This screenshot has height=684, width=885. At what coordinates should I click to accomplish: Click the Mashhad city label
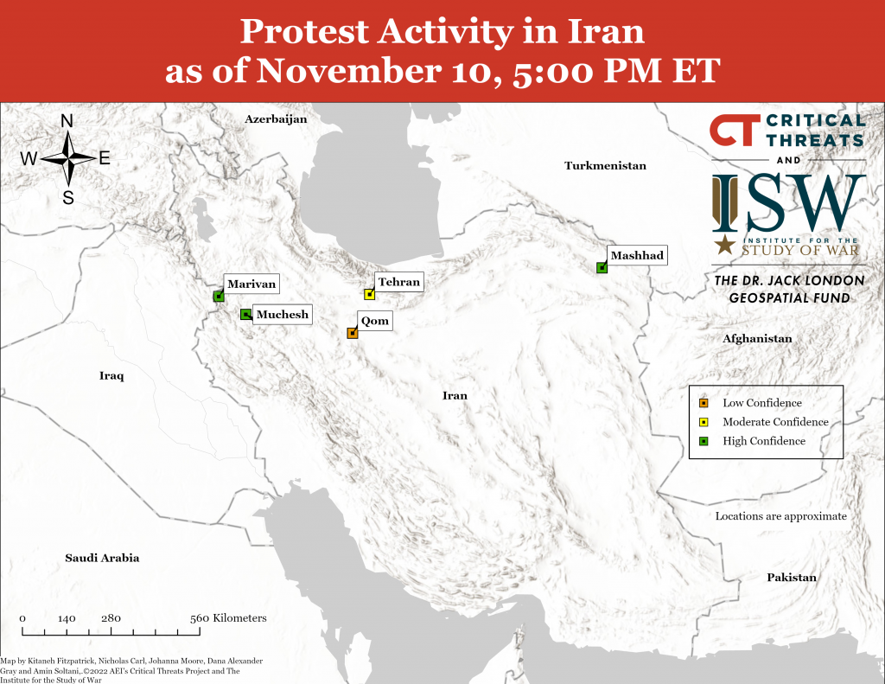click(636, 256)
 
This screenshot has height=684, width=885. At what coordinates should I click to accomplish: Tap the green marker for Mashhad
click(602, 268)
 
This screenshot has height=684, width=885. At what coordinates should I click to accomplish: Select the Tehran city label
click(398, 282)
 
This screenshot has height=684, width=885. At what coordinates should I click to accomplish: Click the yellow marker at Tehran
click(369, 295)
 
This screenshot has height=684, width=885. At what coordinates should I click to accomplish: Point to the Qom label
click(375, 322)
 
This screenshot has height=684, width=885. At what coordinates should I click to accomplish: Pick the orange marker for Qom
click(352, 333)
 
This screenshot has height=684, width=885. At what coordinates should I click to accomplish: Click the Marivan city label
click(251, 284)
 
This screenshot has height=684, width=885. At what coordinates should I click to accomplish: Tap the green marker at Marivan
click(218, 297)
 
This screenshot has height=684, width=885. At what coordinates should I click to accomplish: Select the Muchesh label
click(282, 315)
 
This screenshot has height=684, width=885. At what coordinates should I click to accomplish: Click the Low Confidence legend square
click(704, 403)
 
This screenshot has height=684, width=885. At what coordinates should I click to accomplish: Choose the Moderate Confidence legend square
click(704, 422)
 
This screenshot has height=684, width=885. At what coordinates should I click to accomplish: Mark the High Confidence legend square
click(704, 441)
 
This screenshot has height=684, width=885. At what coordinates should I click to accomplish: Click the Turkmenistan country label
click(605, 165)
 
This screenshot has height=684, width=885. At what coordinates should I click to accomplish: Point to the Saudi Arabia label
click(102, 558)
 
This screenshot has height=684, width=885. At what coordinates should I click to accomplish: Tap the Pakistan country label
click(791, 578)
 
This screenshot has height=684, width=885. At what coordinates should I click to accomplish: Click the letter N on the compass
click(67, 122)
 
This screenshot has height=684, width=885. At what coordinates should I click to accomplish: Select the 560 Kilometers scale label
click(228, 618)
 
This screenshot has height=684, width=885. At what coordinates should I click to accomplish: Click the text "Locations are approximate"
click(780, 516)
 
